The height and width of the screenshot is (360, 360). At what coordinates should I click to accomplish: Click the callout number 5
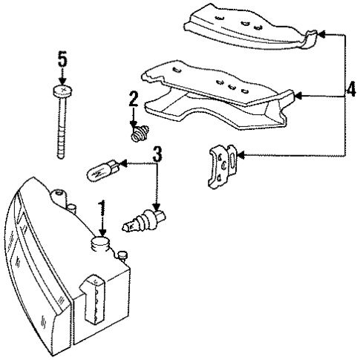(x=62, y=58)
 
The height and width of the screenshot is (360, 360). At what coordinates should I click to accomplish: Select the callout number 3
(x=157, y=154)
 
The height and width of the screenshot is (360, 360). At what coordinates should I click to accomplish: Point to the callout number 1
(x=103, y=207)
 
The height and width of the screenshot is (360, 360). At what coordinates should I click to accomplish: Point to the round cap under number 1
(x=99, y=244)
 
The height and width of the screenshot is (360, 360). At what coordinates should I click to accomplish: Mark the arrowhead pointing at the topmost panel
(x=320, y=34)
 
